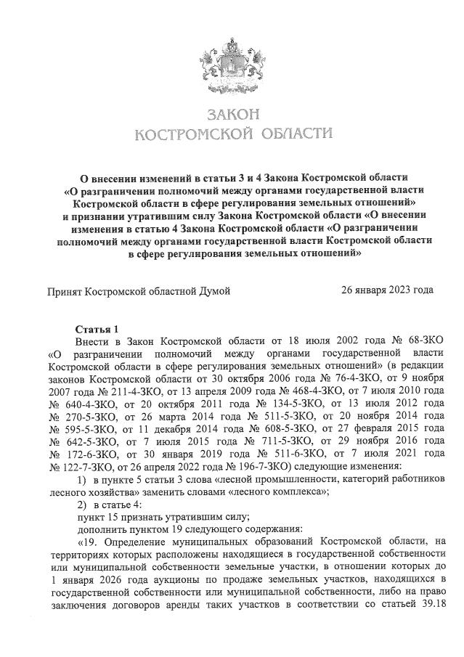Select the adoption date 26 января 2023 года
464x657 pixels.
(x=388, y=290)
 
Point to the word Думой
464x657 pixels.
(x=214, y=291)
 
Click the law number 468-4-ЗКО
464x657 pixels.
(x=292, y=393)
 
